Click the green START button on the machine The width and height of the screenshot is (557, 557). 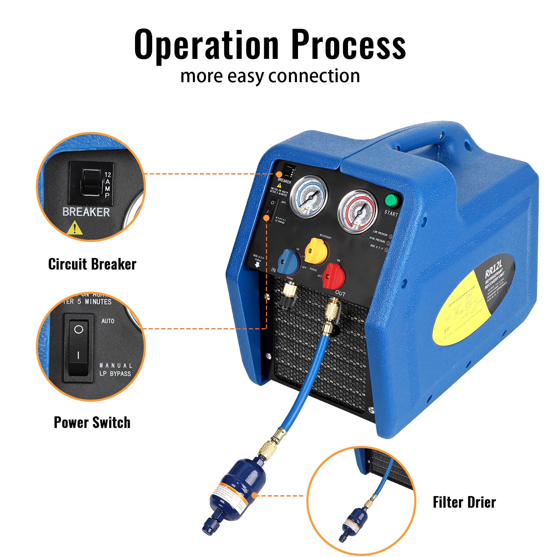pyautogui.click(x=391, y=201)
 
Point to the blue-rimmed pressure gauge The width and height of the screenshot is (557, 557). pyautogui.click(x=308, y=197)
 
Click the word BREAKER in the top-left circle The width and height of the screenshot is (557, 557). pyautogui.click(x=86, y=212)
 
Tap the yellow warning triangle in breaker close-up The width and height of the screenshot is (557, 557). pyautogui.click(x=74, y=228)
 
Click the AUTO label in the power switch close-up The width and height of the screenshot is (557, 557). pyautogui.click(x=108, y=321)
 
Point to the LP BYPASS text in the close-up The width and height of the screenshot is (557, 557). pyautogui.click(x=115, y=374)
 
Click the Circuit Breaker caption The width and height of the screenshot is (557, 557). pyautogui.click(x=92, y=264)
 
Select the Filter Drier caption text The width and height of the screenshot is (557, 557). pyautogui.click(x=464, y=502)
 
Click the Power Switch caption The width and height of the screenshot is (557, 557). pyautogui.click(x=92, y=422)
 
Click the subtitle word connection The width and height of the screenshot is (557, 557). pyautogui.click(x=314, y=76)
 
